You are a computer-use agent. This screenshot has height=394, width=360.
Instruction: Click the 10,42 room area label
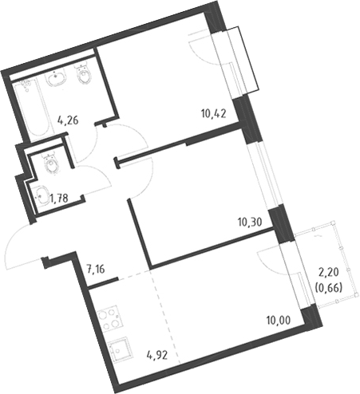pos(214,114)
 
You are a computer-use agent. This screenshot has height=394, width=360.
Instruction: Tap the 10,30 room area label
pos(250,221)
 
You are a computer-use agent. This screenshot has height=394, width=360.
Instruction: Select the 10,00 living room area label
pos(279,320)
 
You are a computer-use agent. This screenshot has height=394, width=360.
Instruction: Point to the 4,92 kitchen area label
pos(157,355)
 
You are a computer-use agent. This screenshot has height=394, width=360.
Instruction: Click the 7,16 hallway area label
pos(96,269)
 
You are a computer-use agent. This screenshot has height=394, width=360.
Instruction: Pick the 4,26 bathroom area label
pos(68,120)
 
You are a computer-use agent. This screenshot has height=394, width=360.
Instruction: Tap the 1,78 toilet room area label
pos(59,198)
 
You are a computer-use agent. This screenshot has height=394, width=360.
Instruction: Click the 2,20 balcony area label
pos(329,272)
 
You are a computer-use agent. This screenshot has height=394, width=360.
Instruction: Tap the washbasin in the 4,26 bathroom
pos(57,76)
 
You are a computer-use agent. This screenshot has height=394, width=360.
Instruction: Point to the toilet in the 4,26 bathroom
pos(84,73)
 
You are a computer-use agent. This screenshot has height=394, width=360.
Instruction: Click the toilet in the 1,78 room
pos(50,164)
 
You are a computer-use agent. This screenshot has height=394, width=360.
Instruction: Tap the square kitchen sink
pos(119,349)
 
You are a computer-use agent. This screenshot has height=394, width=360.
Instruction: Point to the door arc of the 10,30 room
pos(146,181)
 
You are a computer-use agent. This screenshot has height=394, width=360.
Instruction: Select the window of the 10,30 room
pos(263,176)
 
